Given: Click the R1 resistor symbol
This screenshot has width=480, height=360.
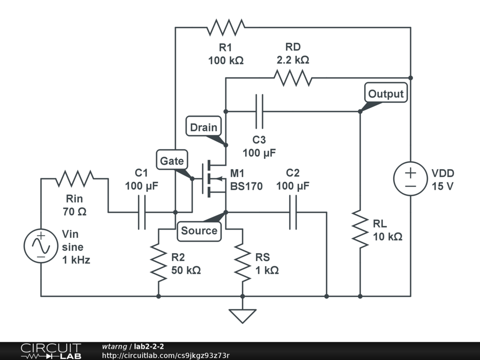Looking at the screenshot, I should tap(226, 27).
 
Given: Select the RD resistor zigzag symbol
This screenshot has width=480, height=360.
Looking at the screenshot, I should tap(293, 78).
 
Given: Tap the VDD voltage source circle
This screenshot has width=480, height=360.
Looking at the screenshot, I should tap(411, 179).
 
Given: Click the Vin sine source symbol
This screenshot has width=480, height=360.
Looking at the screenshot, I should tap(41, 246).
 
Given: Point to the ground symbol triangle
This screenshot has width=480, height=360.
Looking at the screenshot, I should tap(243, 315).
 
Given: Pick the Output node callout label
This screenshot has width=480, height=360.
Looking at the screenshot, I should tap(386, 94).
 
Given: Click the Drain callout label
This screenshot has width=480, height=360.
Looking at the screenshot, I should tap(204, 127).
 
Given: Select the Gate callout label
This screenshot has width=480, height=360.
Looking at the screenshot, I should tap(172, 161).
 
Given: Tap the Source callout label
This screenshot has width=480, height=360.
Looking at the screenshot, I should tap(199, 231).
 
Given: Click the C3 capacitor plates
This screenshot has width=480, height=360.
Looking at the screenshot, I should tap(259, 112).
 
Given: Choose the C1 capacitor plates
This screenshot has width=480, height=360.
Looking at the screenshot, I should tap(142, 212).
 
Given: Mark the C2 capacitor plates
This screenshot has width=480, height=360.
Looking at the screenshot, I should tap(293, 212).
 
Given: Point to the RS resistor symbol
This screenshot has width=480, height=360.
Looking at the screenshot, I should tap(243, 262).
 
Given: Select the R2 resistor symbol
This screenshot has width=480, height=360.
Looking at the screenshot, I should tap(158, 262).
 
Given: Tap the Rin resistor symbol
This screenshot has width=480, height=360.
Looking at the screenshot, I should tap(75, 178).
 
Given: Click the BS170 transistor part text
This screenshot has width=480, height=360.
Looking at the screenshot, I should tap(247, 186).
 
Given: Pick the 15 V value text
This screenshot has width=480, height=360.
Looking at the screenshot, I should tap(442, 186).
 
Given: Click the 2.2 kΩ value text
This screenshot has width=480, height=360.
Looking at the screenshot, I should tap(293, 60).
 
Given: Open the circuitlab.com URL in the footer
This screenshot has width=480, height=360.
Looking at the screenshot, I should tap(165, 355).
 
